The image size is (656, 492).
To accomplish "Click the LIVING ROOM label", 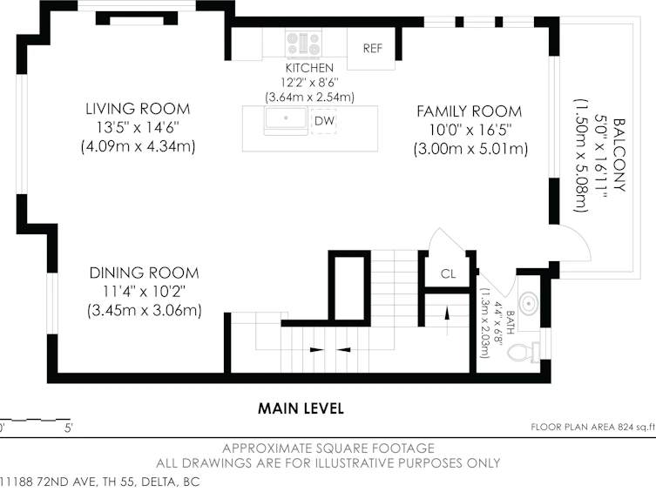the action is point(138,109).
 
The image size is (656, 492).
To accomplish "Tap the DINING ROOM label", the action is point(144,273).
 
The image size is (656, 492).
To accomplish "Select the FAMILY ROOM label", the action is point(470,111).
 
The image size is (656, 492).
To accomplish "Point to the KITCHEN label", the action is point(309,68).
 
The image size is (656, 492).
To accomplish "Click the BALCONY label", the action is point(619,155).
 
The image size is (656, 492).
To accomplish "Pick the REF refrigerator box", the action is point(371,48).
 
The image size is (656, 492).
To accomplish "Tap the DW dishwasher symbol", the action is point(324,121).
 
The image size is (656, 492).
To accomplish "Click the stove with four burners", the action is point(304,43).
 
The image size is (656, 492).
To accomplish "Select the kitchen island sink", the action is point(286,120).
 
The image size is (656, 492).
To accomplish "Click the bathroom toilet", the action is point(524,352).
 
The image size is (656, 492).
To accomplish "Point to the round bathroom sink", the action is point(529,303).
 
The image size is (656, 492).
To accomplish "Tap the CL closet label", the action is point(448,273).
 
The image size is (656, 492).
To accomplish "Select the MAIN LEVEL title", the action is point(301,408).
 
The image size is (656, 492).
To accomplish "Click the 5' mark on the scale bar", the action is point(69,428).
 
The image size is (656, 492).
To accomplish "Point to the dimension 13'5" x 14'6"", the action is point(138,127).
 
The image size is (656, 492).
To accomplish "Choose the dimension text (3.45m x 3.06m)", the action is point(145,310).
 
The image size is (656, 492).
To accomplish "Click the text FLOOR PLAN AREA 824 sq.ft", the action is point(592,427).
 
